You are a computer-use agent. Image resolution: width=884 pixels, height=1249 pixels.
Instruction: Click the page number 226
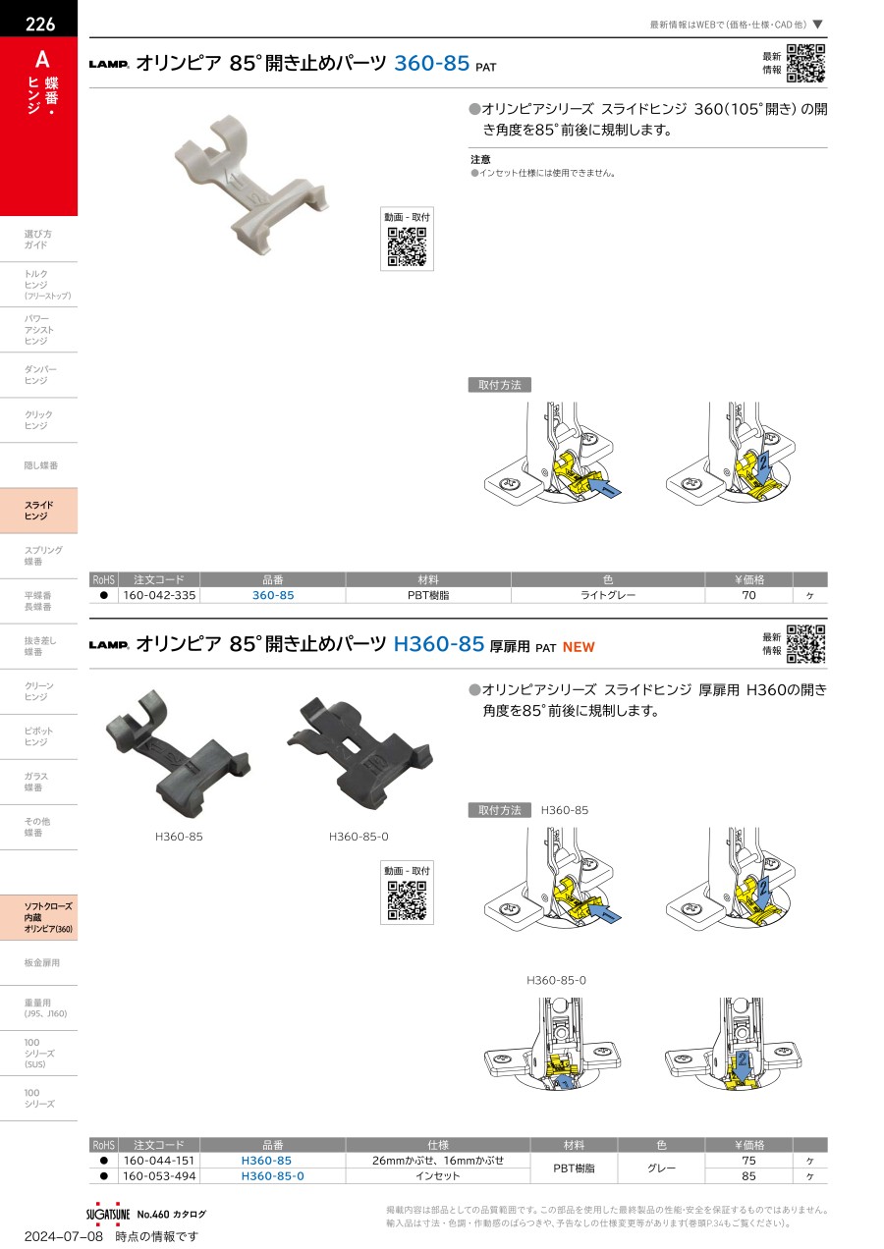[x=40, y=24]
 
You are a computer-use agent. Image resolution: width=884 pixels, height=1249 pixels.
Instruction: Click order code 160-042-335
[x=159, y=595]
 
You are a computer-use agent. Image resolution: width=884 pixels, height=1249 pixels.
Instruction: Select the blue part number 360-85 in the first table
[x=273, y=595]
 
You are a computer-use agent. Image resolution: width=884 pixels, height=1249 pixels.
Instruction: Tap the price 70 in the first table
[x=748, y=595]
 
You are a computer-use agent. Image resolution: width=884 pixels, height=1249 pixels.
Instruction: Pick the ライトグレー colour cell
[x=608, y=595]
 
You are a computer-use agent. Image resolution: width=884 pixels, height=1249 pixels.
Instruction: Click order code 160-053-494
[x=159, y=1176]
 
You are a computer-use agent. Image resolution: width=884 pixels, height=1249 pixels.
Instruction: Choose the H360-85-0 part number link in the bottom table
[x=273, y=1176]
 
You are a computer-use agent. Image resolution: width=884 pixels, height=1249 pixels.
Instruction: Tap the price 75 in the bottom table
[x=748, y=1161]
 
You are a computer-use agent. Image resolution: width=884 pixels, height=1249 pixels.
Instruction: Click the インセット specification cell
[x=438, y=1176]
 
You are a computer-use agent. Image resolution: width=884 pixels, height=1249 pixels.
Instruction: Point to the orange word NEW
[x=579, y=647]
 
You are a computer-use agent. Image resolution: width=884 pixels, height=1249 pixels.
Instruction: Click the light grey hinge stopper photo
[x=250, y=186]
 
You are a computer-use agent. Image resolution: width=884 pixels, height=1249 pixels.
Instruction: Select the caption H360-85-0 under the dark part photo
[x=359, y=837]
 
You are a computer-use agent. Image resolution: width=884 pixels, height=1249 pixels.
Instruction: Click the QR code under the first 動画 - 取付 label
[x=408, y=246]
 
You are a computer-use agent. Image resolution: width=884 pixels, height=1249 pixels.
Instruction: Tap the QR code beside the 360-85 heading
[x=806, y=63]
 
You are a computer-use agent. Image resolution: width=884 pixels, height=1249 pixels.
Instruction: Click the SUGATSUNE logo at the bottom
[x=108, y=1214]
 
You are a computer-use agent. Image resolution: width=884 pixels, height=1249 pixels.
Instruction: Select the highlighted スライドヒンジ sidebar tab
[x=38, y=511]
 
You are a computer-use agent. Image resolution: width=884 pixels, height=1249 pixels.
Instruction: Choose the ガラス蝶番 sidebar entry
[x=35, y=782]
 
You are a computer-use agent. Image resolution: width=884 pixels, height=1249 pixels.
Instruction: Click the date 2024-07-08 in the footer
[x=64, y=1236]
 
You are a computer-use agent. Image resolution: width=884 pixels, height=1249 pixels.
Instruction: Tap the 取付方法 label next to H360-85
[x=499, y=810]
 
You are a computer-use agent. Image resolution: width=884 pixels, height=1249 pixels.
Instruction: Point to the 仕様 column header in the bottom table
[x=438, y=1145]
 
